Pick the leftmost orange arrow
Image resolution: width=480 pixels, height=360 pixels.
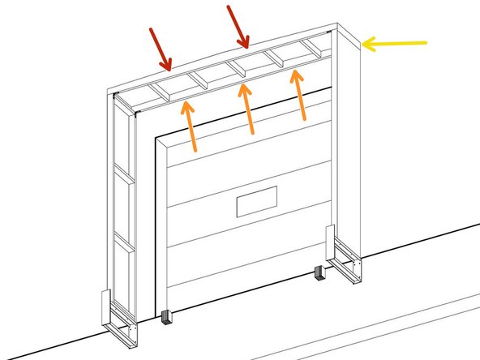(x=191, y=126)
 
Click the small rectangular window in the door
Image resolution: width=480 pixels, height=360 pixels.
(x=257, y=201)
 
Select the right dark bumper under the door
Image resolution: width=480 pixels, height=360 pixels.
(x=318, y=275)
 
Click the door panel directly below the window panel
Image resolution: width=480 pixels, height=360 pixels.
(x=243, y=243)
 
